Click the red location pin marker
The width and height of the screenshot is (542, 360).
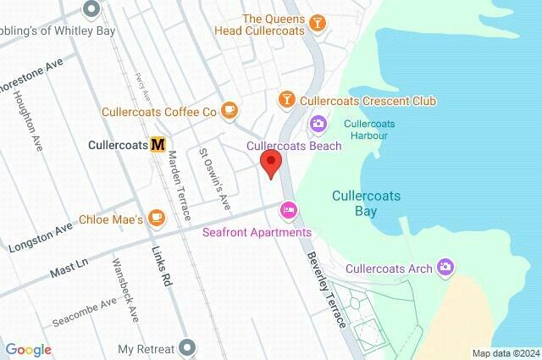(271, 163)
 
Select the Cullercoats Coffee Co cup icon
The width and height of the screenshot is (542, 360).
(229, 111)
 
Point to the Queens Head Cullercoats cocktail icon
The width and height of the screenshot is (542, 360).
(318, 23)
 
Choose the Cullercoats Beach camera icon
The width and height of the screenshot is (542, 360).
(318, 125)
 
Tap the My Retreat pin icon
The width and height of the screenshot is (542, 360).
(189, 348)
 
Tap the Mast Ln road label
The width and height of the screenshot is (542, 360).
(69, 265)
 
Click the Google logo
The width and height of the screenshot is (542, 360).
(28, 349)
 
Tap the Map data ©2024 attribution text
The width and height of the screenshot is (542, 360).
(505, 353)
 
